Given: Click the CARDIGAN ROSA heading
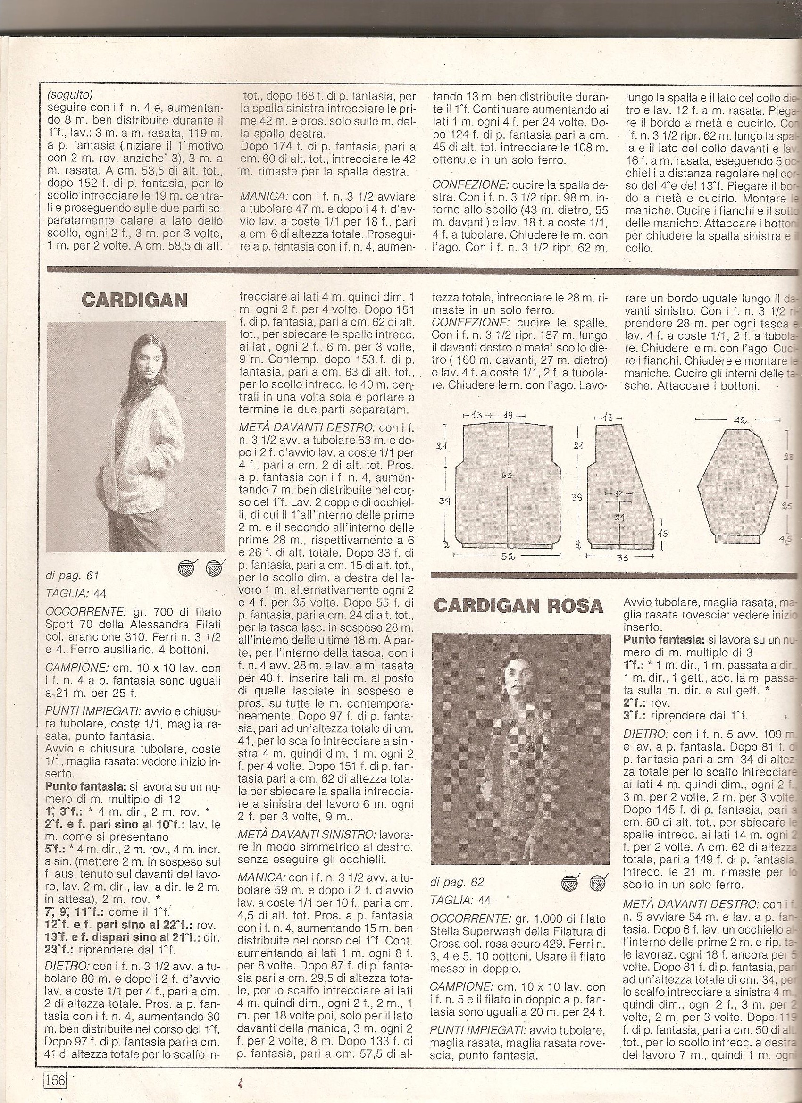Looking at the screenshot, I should tap(518, 606).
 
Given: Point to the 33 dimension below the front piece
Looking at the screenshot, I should tap(623, 557).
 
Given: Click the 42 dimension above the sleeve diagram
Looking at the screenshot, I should tap(739, 420).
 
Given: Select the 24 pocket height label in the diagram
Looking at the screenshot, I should tap(619, 517).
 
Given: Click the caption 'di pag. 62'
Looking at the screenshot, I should tap(458, 882).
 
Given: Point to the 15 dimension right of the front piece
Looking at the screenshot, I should tap(662, 533).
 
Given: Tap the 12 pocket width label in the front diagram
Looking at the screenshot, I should tap(619, 493).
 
